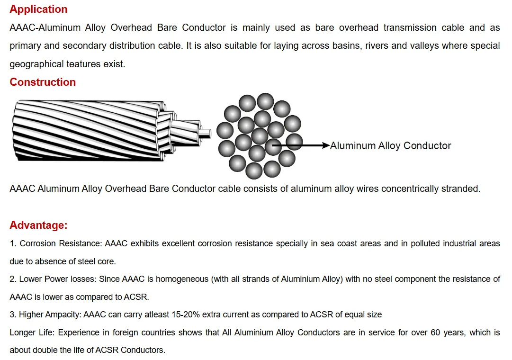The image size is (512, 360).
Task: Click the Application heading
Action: click(38, 9)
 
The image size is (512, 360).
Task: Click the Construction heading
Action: click(43, 82)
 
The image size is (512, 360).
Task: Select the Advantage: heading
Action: click(38, 225)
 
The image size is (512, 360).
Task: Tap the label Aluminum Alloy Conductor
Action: click(390, 146)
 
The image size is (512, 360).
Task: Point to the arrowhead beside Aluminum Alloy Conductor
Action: click(325, 145)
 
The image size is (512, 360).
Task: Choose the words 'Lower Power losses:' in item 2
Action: click(58, 279)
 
